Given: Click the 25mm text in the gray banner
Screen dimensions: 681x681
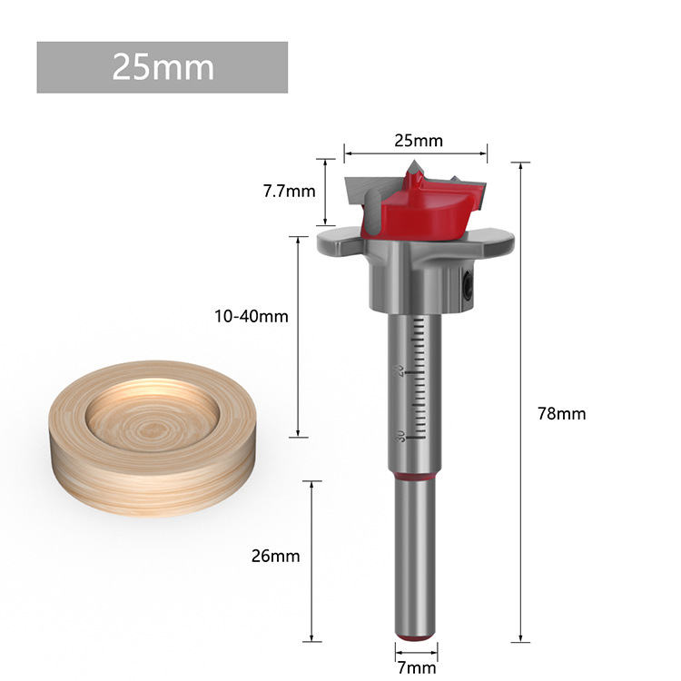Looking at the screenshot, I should (x=163, y=67).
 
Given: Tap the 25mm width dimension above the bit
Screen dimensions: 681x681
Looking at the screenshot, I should (x=418, y=141).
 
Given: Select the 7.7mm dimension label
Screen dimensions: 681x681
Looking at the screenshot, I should (x=289, y=191).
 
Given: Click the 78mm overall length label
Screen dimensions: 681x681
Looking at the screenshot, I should (x=562, y=413).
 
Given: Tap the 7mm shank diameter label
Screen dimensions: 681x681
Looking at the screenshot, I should (x=415, y=668).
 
